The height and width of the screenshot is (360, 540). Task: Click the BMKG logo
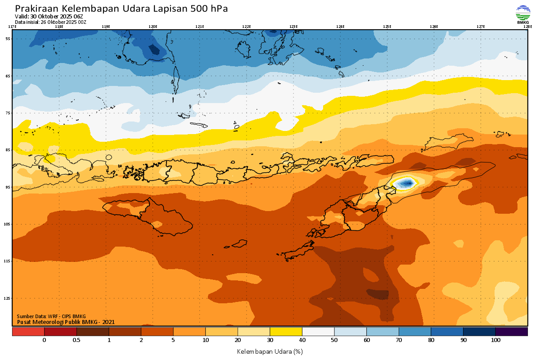click(x=523, y=13)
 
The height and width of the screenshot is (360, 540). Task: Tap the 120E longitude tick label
click(x=153, y=27)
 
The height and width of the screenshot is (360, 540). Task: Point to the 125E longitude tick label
click(x=387, y=27)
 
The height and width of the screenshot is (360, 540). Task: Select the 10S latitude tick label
click(x=8, y=224)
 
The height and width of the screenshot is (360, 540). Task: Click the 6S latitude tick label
click(x=8, y=76)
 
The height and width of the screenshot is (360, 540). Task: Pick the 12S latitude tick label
click(x=8, y=298)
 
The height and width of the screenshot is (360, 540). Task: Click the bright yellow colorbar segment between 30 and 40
click(x=286, y=332)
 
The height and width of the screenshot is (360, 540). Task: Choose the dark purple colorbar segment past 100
click(x=511, y=332)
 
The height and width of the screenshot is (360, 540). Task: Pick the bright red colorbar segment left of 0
click(x=28, y=332)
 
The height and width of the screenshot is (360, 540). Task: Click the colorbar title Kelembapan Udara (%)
click(x=270, y=351)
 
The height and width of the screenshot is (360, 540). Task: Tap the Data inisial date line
click(x=50, y=22)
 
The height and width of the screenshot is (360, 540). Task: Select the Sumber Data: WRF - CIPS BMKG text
click(x=51, y=316)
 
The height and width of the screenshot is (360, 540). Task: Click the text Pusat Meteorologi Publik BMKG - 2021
click(x=66, y=322)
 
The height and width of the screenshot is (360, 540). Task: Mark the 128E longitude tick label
click(x=527, y=27)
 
